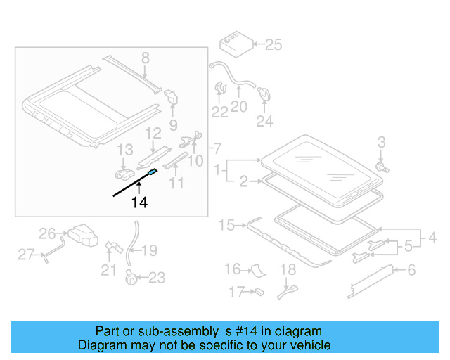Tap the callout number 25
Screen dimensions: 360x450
click(273, 45)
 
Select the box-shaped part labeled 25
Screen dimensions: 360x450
click(235, 44)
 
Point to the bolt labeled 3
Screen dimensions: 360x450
click(380, 168)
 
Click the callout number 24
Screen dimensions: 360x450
click(264, 121)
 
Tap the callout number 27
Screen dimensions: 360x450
click(26, 255)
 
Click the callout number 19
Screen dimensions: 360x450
click(150, 250)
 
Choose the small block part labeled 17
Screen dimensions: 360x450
click(259, 290)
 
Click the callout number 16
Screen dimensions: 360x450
click(233, 269)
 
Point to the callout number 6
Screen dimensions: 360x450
click(411, 269)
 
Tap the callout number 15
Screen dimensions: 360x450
click(226, 225)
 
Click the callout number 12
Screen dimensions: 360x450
click(153, 133)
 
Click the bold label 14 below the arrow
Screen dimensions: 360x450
click(139, 203)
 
